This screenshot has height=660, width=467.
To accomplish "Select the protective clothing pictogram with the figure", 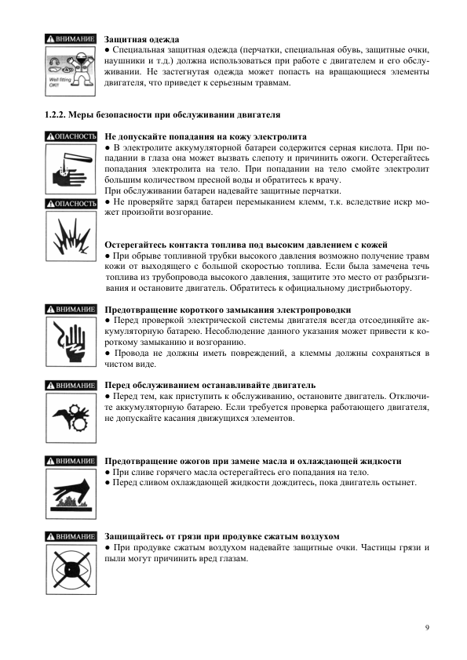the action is pos(71,68).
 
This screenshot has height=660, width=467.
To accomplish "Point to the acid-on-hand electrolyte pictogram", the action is pos(71,169).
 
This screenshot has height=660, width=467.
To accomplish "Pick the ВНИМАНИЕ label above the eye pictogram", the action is pos(71,536).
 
